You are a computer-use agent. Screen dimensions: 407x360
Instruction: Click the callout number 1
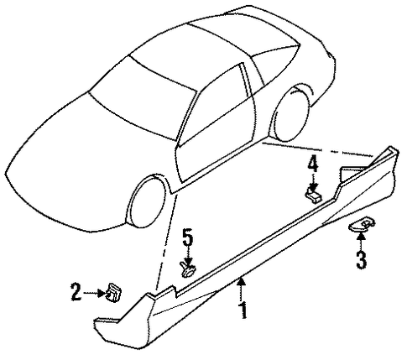244,310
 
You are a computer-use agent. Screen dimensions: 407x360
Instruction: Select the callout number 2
76,292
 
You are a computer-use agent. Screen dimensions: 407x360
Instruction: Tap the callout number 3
361,260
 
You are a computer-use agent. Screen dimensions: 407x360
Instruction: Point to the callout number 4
313,164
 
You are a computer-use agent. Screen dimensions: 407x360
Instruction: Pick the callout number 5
188,237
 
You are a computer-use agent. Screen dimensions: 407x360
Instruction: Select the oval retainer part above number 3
362,225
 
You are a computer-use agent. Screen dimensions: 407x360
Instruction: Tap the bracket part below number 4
313,196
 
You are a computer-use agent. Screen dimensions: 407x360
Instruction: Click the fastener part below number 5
187,269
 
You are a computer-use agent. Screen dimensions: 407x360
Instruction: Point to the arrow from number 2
95,293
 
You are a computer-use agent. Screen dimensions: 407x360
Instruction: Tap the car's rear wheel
292,113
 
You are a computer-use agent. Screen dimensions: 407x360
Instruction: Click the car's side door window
217,107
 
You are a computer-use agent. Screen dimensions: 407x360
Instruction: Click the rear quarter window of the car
273,65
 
